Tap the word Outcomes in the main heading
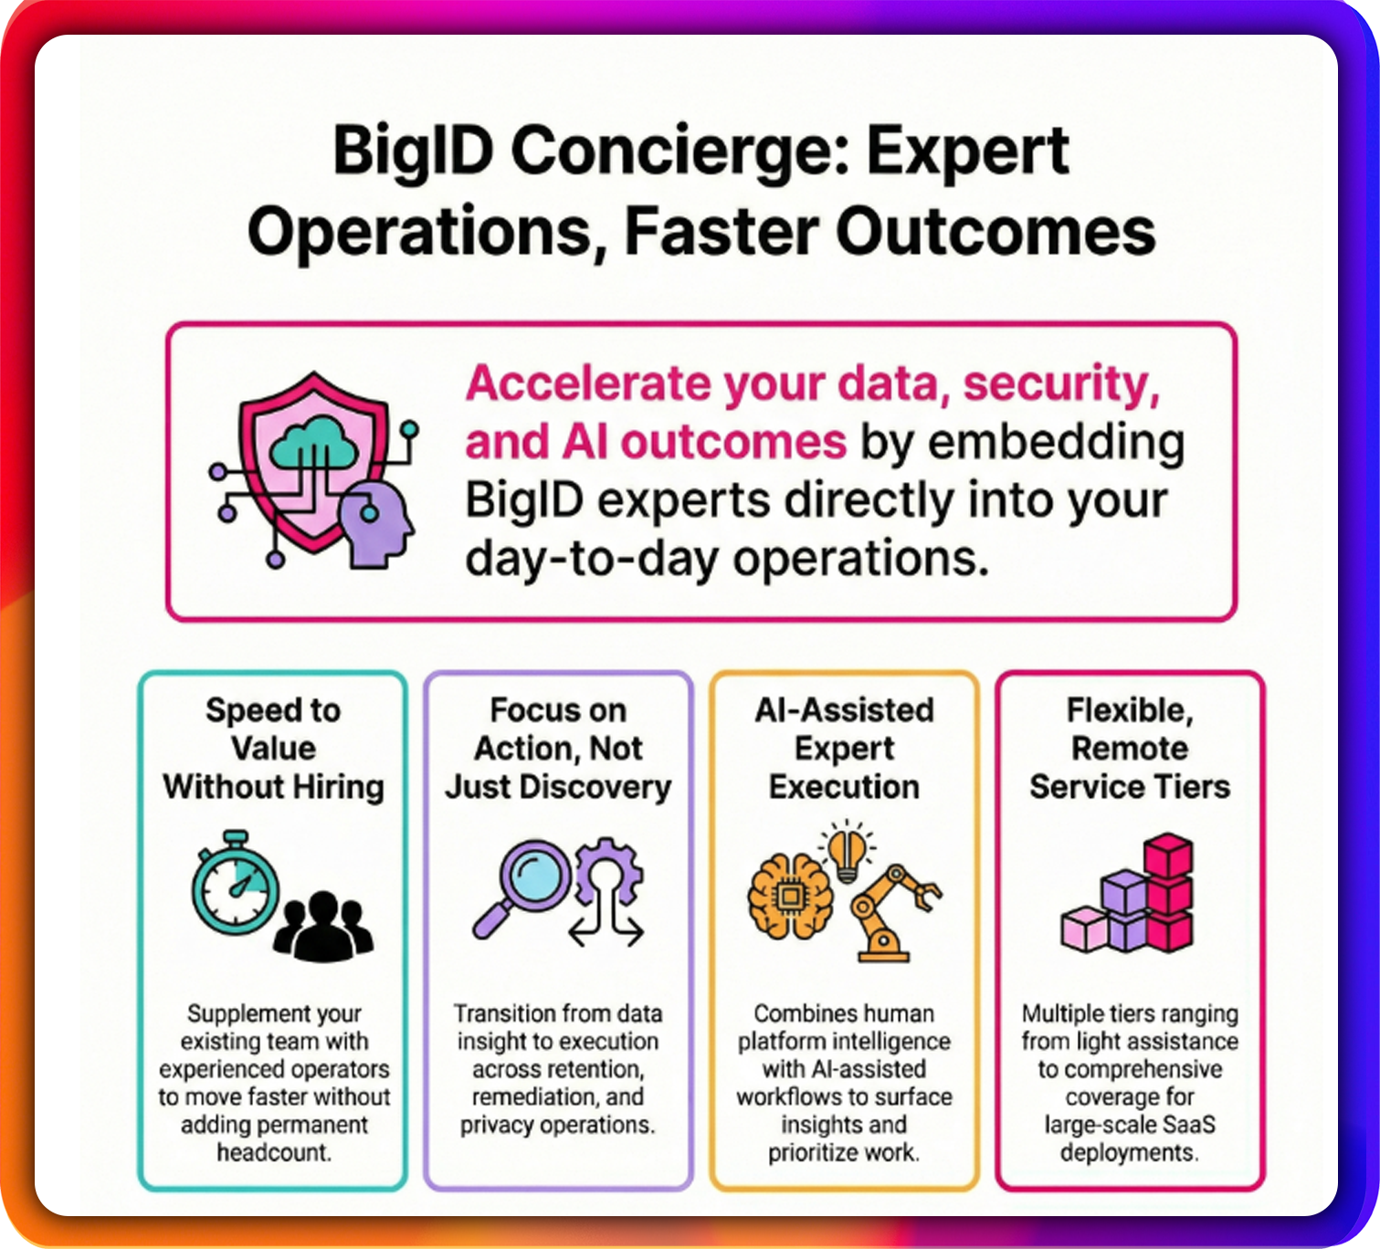click(995, 232)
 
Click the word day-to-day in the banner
click(592, 559)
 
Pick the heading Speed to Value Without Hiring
click(273, 748)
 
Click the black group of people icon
click(322, 926)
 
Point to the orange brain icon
click(790, 897)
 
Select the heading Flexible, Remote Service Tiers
click(1130, 748)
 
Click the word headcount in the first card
click(275, 1152)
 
